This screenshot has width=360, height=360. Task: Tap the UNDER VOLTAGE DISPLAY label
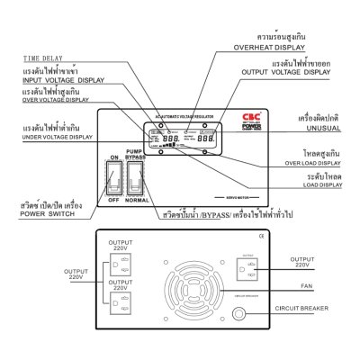tap(59, 138)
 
